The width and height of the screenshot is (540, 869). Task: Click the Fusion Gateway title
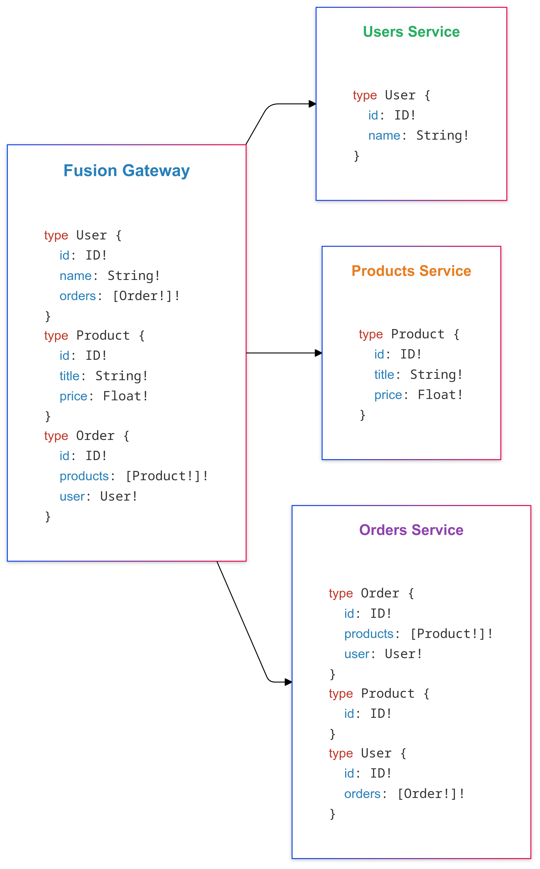(127, 171)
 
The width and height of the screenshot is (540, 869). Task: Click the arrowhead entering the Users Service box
(313, 104)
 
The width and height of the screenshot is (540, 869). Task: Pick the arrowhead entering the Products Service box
(319, 353)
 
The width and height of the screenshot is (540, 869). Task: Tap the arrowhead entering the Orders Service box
(289, 682)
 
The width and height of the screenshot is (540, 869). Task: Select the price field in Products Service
(388, 395)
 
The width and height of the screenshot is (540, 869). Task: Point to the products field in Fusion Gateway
(84, 477)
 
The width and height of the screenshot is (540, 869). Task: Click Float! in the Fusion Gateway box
(125, 396)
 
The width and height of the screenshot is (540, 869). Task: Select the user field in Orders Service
(357, 654)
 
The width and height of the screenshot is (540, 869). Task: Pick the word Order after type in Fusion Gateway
(95, 436)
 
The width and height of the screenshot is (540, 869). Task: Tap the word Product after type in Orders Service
(387, 693)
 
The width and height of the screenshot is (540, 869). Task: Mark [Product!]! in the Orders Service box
(452, 634)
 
